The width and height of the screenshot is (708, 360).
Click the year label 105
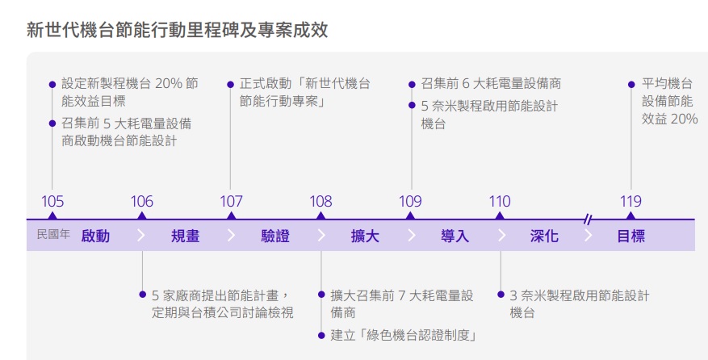pyautogui.click(x=52, y=201)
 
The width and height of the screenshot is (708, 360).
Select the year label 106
pyautogui.click(x=142, y=201)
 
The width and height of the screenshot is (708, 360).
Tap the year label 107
pyautogui.click(x=232, y=201)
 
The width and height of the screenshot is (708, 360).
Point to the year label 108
pyautogui.click(x=321, y=201)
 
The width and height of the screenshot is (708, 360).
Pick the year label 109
pyautogui.click(x=411, y=201)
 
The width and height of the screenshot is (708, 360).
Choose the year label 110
pyautogui.click(x=500, y=201)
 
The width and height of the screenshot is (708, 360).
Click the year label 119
pyautogui.click(x=630, y=201)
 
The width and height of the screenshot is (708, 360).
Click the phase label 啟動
pyautogui.click(x=95, y=237)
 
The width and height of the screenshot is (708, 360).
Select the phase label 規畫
pyautogui.click(x=185, y=237)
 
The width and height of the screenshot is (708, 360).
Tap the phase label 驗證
pyautogui.click(x=275, y=237)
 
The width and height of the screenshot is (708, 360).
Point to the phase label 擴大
pyautogui.click(x=365, y=237)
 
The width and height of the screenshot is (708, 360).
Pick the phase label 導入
pyautogui.click(x=455, y=237)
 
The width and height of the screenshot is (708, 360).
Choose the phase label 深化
pyautogui.click(x=544, y=237)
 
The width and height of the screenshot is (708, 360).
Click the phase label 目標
pyautogui.click(x=630, y=237)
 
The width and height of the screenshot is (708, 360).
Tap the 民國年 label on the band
pyautogui.click(x=54, y=236)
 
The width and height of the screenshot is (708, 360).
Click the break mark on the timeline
pyautogui.click(x=589, y=219)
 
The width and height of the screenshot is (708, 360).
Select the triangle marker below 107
pyautogui.click(x=232, y=216)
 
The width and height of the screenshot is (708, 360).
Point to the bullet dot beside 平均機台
pyautogui.click(x=631, y=84)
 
